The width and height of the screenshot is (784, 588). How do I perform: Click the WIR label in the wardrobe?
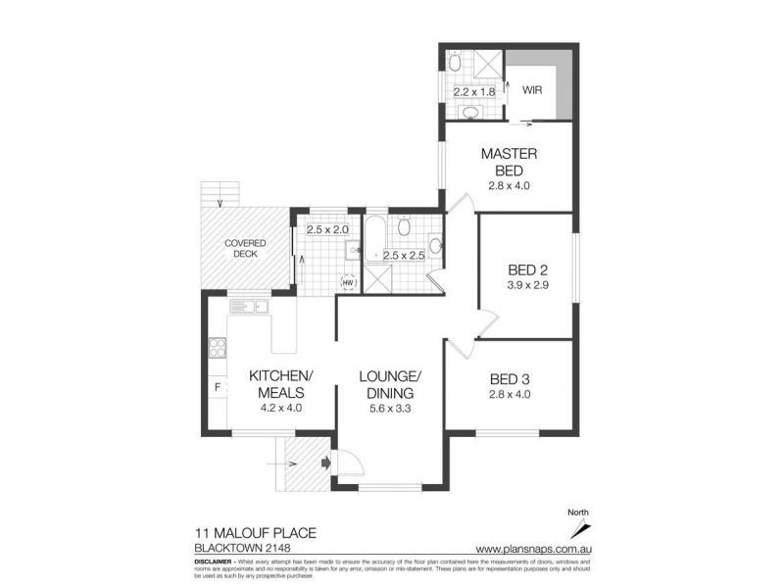(x=532, y=89)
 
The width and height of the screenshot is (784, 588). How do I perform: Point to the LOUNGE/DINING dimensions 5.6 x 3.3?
(x=389, y=411)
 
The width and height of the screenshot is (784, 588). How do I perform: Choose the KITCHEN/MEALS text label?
(x=280, y=385)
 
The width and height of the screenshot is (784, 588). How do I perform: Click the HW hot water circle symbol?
(x=347, y=282)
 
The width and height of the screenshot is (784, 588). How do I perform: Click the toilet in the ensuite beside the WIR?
(x=453, y=63)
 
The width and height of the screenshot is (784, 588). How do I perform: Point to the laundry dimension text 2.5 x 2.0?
(x=326, y=230)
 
